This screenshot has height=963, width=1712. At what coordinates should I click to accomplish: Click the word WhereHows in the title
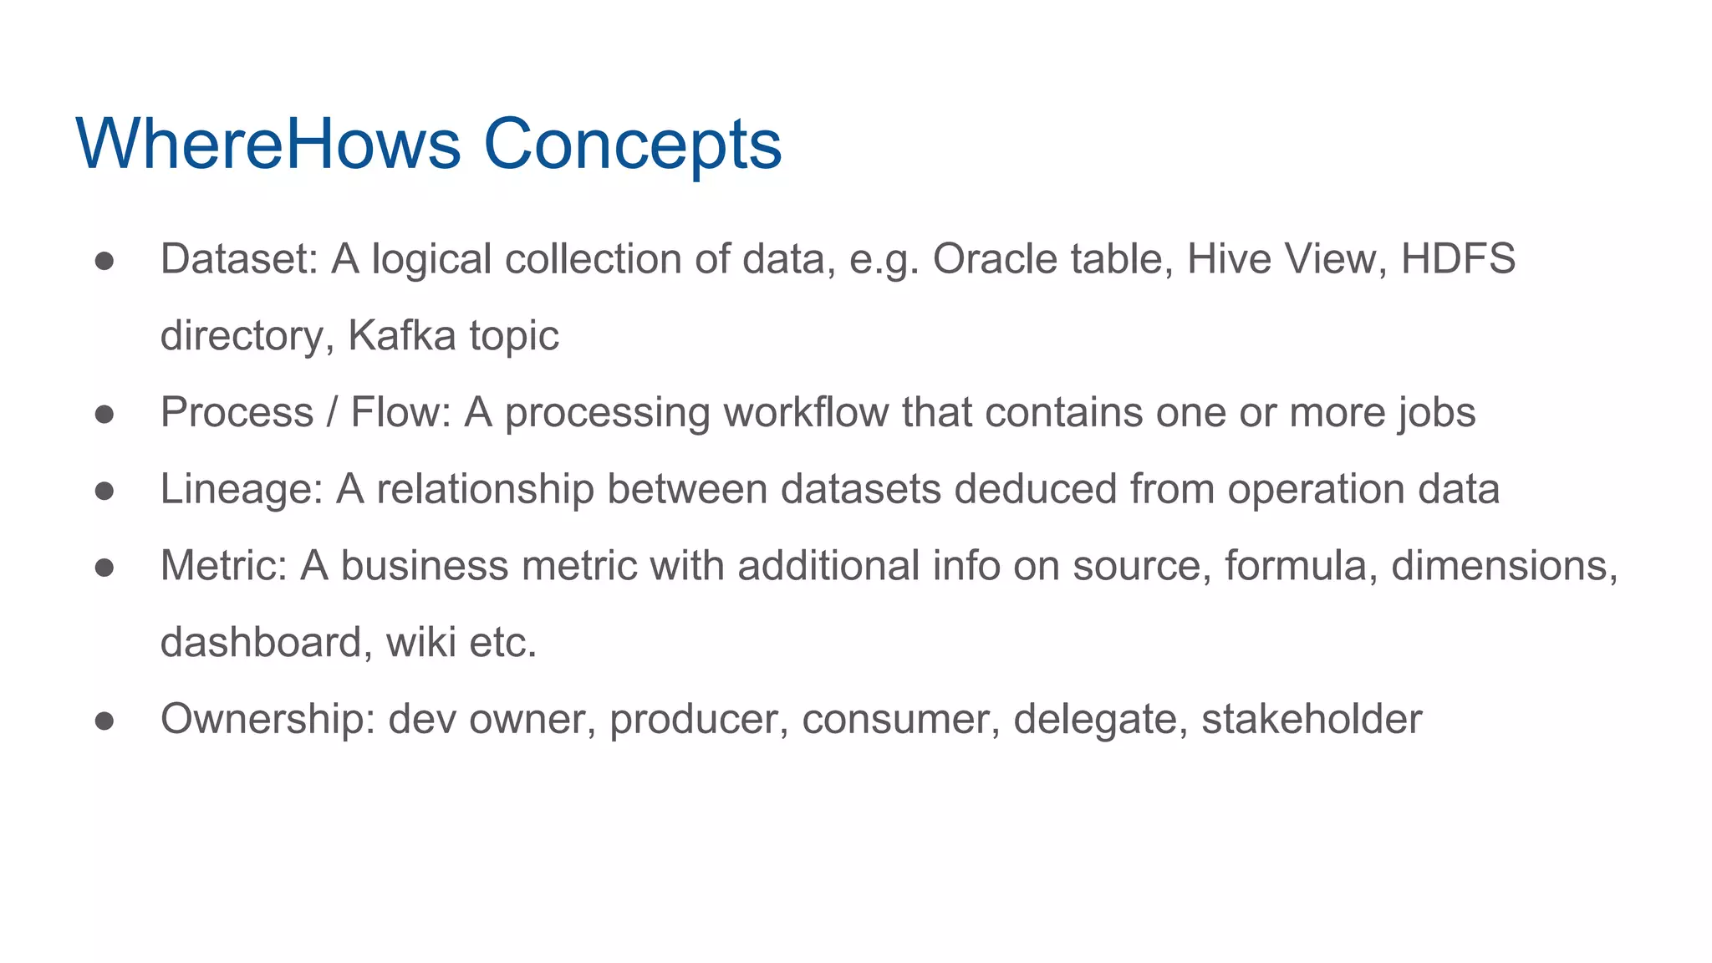point(267,144)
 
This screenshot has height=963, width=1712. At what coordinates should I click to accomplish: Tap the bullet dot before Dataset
point(104,261)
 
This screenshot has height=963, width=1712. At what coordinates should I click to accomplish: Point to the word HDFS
point(1457,259)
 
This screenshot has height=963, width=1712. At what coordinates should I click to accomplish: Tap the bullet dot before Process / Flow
point(104,415)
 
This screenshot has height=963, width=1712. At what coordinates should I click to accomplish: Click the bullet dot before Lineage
point(104,492)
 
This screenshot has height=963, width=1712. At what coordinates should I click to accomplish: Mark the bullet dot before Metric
point(104,568)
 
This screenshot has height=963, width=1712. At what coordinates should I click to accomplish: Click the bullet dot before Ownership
point(104,721)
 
